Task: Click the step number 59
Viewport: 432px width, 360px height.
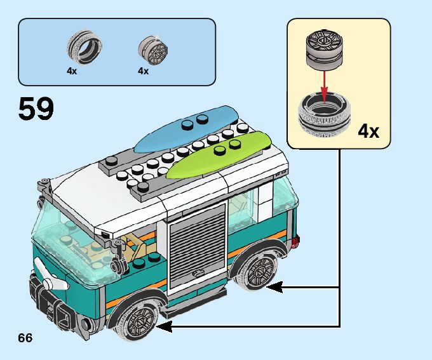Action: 36,110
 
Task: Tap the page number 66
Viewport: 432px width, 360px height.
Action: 25,337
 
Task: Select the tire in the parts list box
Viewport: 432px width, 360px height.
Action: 84,48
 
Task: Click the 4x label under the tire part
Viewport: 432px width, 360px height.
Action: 72,71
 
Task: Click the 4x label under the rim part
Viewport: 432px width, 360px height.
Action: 143,71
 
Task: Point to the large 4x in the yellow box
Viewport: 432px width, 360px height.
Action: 368,131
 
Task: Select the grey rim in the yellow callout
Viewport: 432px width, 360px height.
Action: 323,47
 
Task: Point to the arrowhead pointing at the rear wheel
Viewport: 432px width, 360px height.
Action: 273,287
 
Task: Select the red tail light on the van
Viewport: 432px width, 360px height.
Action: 297,241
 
